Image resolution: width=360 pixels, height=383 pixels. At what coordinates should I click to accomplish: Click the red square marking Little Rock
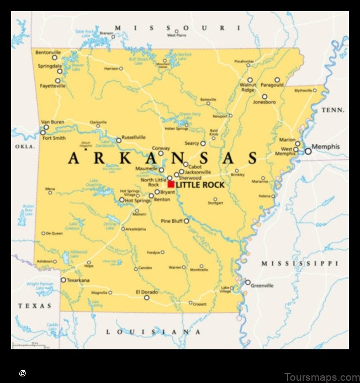click(171, 184)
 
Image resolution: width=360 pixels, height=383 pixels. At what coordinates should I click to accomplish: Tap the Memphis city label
click(326, 146)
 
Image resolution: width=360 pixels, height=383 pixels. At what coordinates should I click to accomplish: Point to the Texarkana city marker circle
click(63, 280)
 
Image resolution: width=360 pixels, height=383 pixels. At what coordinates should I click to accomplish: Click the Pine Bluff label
click(171, 221)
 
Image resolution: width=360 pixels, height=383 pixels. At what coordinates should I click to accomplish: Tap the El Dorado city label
click(146, 291)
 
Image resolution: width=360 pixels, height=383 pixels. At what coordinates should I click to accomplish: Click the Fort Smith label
click(54, 138)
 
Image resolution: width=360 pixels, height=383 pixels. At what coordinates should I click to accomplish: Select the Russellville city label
click(134, 137)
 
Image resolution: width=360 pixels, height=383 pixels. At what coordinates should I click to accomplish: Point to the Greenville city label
click(262, 286)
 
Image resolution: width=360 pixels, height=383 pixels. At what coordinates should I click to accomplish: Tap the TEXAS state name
click(35, 306)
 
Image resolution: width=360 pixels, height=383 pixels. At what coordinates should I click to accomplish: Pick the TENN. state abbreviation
click(333, 110)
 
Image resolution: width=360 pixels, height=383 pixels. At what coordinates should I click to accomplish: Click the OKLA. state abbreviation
click(25, 146)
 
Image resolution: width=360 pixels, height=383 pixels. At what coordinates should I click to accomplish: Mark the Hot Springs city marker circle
click(121, 200)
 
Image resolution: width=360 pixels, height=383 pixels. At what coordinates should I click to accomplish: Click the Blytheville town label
click(303, 90)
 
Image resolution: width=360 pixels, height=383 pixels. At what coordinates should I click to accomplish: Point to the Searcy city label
click(192, 143)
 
